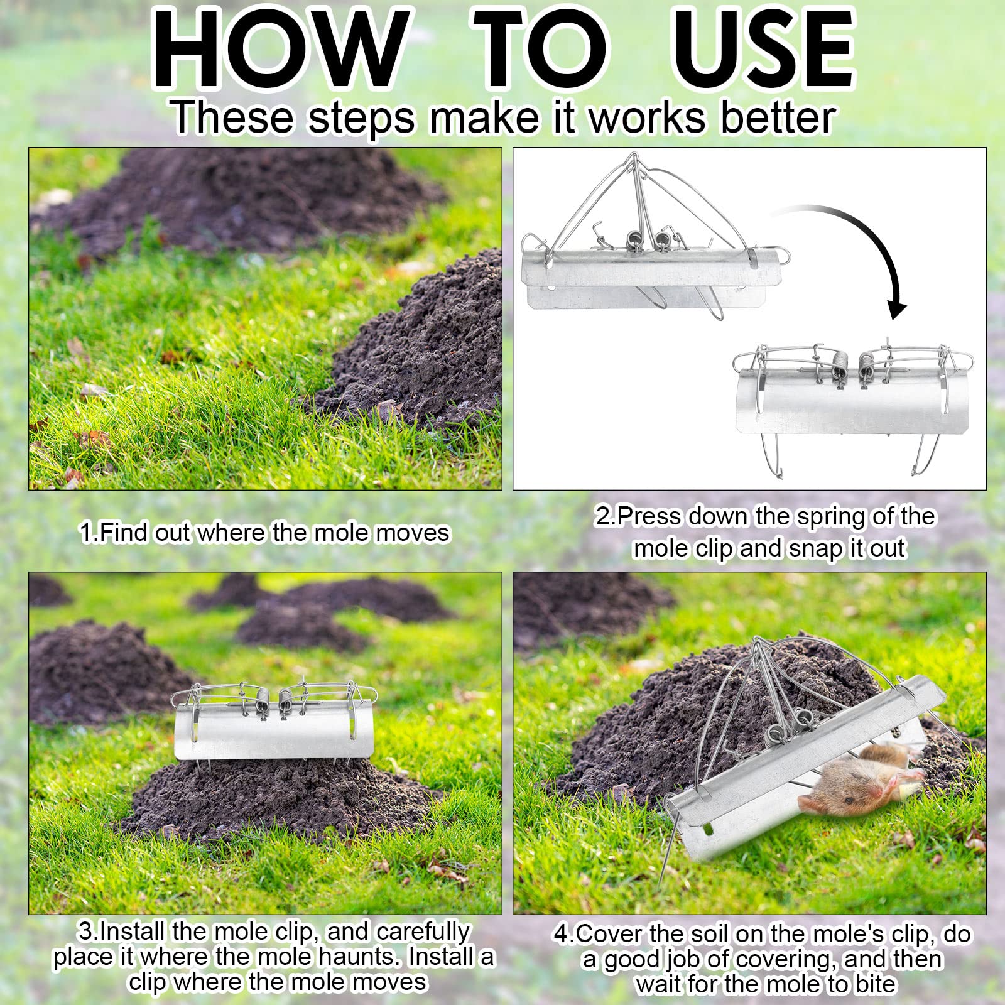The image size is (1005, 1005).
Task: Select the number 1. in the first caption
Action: point(88,533)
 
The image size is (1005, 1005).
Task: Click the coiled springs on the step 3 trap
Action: point(273,697)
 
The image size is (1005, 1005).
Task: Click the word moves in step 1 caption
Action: point(417,533)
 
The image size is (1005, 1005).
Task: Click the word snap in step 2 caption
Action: point(816,548)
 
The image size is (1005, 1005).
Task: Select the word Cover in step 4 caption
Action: point(609,934)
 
